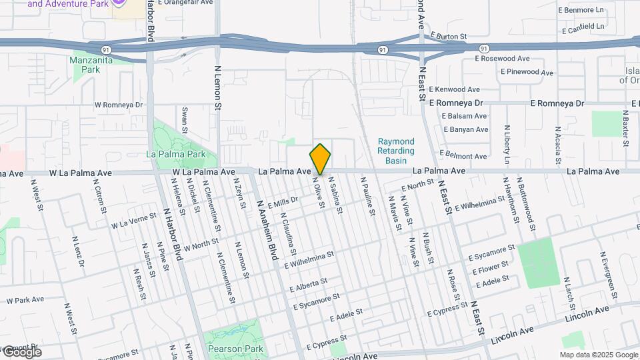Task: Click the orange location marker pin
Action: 320,159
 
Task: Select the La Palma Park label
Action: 175,154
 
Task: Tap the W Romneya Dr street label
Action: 119,105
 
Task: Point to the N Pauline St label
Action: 367,195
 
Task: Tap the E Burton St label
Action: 449,35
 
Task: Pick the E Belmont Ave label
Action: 462,156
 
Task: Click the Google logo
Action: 22,351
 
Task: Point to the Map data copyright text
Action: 598,355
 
